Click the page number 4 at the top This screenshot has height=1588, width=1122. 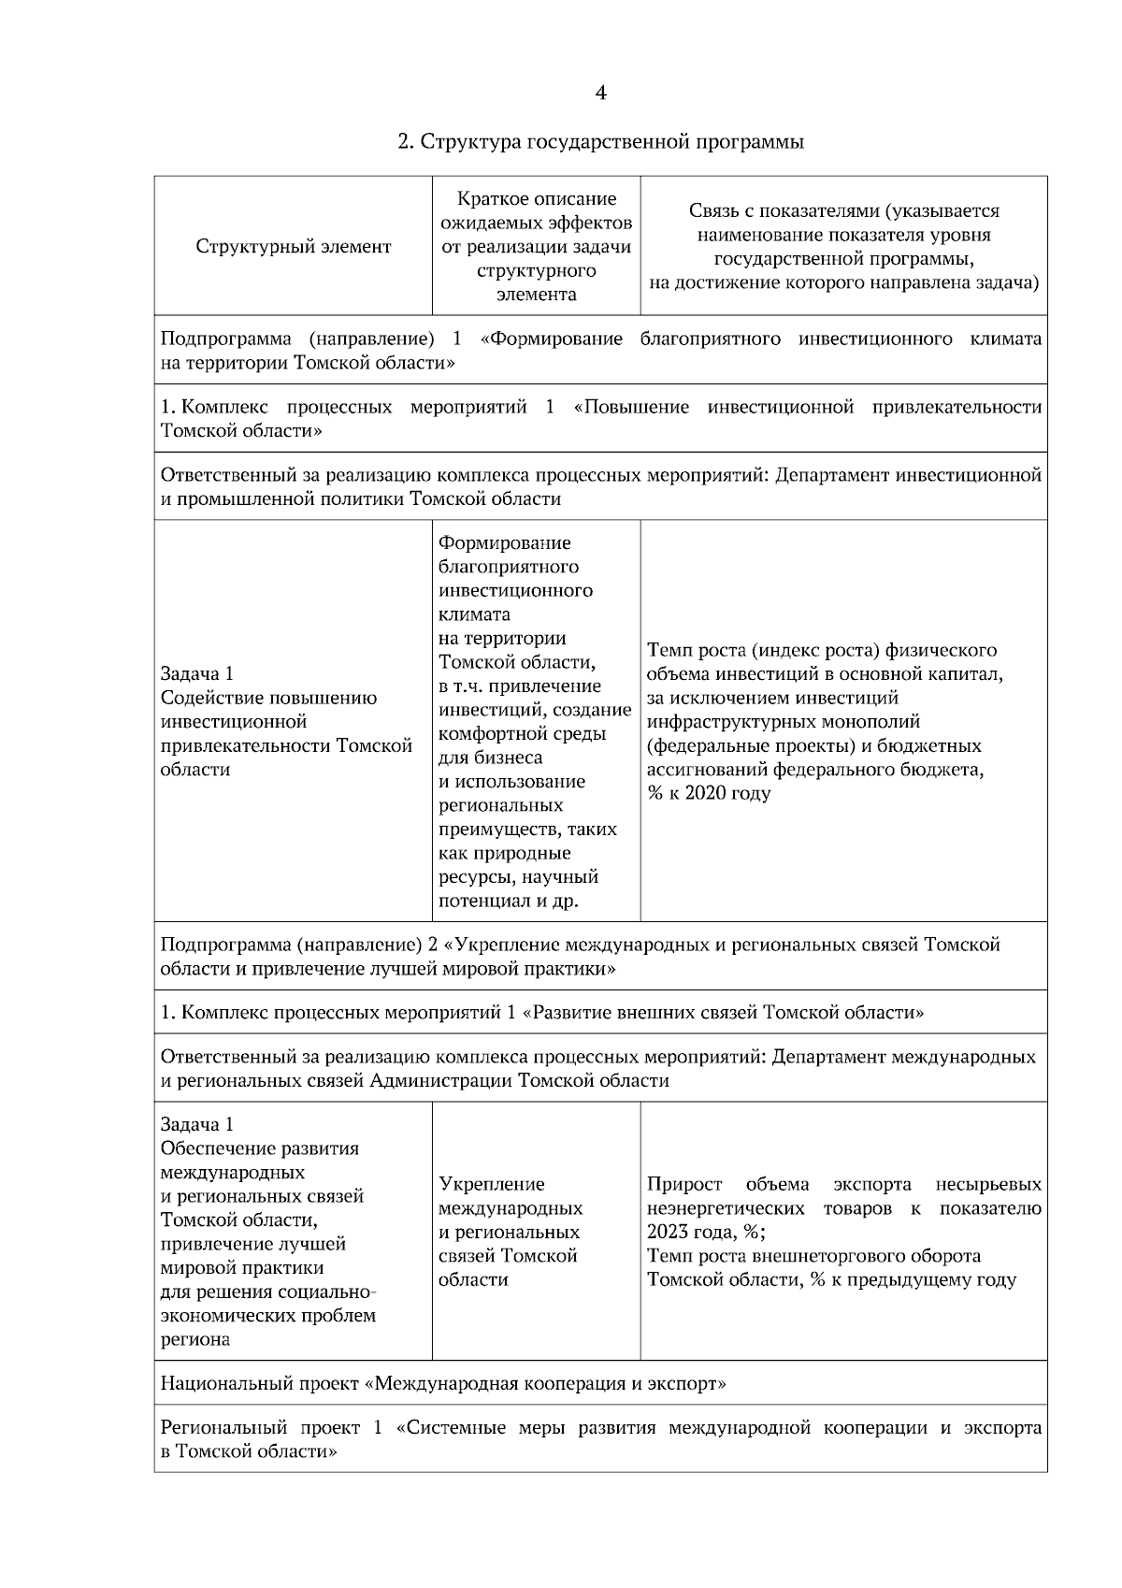(600, 93)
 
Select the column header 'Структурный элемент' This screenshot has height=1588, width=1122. (294, 247)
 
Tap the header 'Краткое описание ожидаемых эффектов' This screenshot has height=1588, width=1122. (537, 211)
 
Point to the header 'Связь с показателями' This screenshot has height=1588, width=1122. (843, 211)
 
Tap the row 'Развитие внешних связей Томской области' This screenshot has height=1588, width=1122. (542, 1013)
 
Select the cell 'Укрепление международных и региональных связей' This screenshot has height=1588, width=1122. (510, 1232)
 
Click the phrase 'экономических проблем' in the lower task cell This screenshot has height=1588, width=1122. (267, 1316)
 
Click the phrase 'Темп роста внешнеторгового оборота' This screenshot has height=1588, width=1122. (813, 1256)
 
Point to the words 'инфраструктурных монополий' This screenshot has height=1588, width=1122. (783, 722)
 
